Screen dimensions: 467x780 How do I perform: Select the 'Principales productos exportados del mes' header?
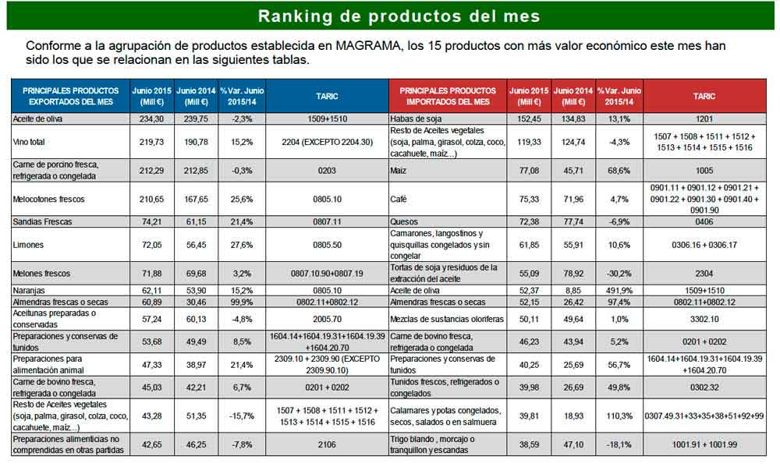point(70,96)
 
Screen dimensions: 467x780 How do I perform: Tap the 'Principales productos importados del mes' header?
point(448,96)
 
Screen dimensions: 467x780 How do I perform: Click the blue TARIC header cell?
point(327,96)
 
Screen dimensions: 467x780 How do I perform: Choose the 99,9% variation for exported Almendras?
point(242,301)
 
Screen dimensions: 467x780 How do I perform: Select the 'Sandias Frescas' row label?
point(43,222)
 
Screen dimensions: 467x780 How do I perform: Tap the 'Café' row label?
point(399,199)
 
